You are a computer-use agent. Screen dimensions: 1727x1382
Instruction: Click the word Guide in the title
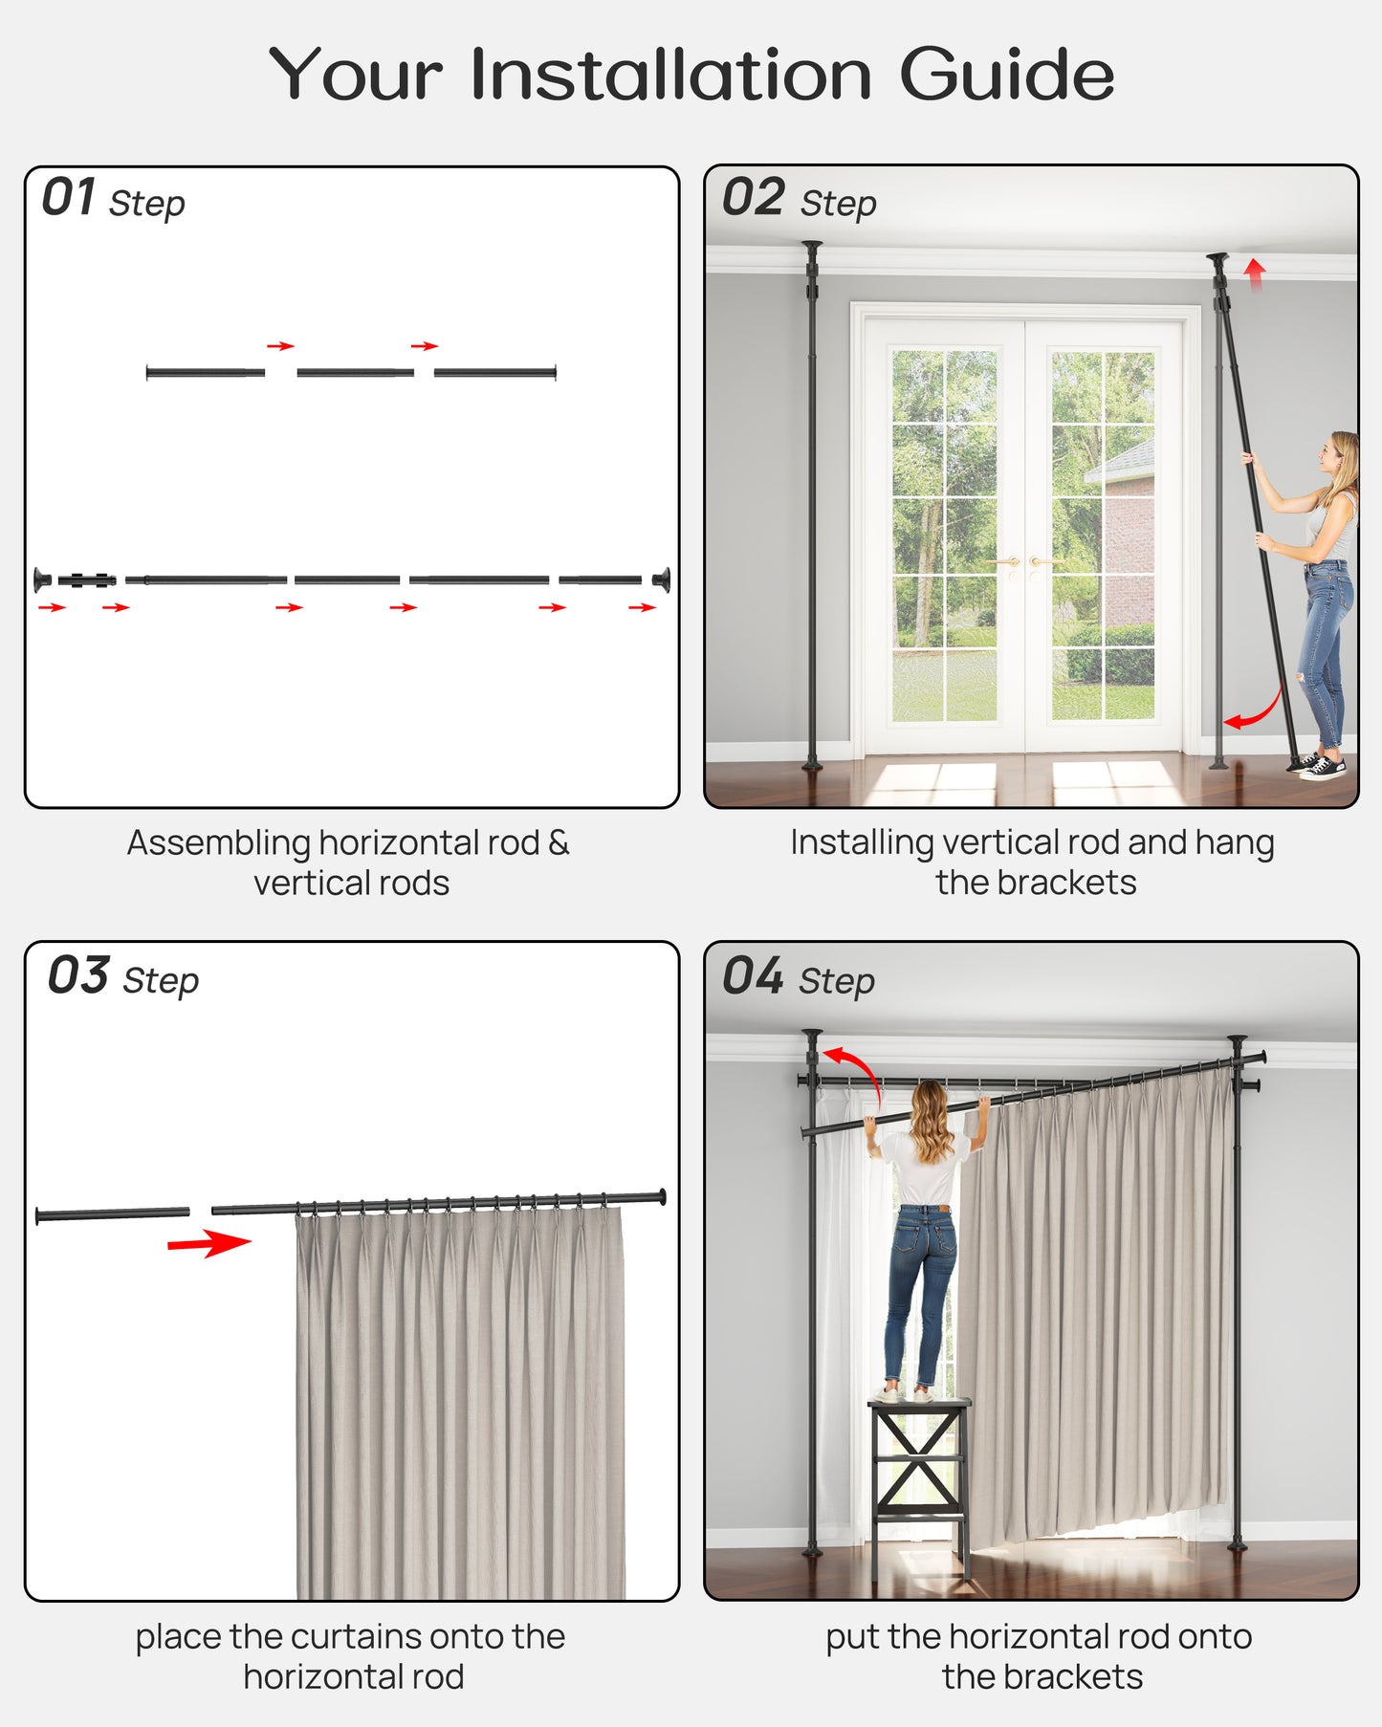(x=1006, y=75)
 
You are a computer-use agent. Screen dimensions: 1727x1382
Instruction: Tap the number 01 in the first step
(x=69, y=198)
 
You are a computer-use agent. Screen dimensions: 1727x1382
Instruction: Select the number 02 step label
(x=754, y=198)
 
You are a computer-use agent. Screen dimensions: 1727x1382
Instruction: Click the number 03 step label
(x=78, y=976)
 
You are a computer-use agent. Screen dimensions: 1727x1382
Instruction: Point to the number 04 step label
(x=753, y=976)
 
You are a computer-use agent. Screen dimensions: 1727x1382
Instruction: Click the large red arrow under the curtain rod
(x=208, y=1243)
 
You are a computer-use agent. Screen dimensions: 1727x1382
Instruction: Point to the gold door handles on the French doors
(x=1022, y=564)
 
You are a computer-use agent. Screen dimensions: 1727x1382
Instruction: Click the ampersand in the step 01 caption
(x=559, y=842)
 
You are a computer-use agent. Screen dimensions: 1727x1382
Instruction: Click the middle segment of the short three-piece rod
(x=355, y=372)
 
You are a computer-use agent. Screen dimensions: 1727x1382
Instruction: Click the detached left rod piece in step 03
(x=113, y=1214)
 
